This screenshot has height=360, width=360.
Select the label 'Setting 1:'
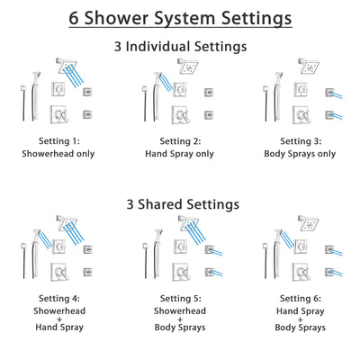(x=62, y=140)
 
